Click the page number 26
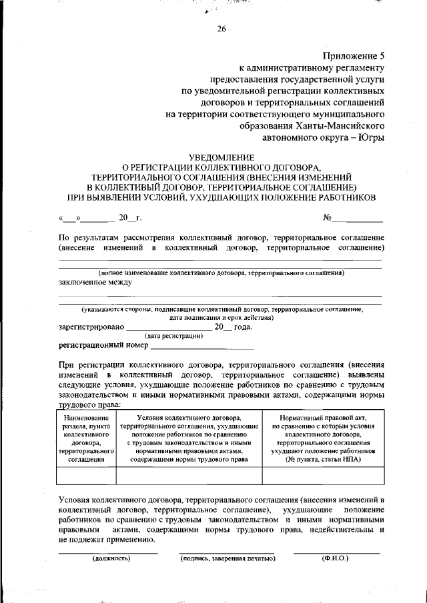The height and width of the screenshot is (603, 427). click(222, 28)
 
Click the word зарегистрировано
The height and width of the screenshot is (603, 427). click(91, 327)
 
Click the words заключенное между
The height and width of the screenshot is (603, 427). click(95, 282)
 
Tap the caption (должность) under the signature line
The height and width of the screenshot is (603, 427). click(111, 558)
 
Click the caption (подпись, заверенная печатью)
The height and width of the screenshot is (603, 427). click(228, 558)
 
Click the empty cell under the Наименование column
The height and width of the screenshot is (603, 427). click(87, 475)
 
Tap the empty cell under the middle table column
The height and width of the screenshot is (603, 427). click(189, 475)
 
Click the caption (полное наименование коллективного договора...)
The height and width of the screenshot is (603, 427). click(221, 273)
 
